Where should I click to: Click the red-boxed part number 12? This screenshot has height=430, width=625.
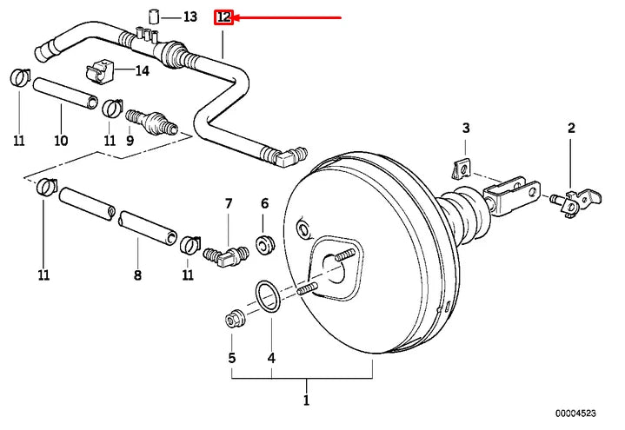coord(224,17)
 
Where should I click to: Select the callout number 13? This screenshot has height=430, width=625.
coord(190,17)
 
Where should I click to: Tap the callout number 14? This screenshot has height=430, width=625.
coord(143,71)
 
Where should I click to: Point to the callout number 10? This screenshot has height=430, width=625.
coord(61,140)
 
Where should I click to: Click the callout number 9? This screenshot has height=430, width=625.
coord(130,140)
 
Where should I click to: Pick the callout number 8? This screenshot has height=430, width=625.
coord(137,276)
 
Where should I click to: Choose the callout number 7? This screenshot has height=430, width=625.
coord(229,203)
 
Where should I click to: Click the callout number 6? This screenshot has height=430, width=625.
coord(265,203)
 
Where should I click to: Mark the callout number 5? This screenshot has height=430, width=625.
coord(232,358)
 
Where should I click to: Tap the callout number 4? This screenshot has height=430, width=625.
coord(271,358)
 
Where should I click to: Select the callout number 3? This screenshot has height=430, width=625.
coord(466,129)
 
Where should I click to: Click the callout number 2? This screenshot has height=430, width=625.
coord(571,129)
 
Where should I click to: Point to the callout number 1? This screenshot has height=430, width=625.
coord(305,400)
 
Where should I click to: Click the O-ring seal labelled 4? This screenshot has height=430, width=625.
coord(269,294)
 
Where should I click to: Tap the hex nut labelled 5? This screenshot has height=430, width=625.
coord(233,317)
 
